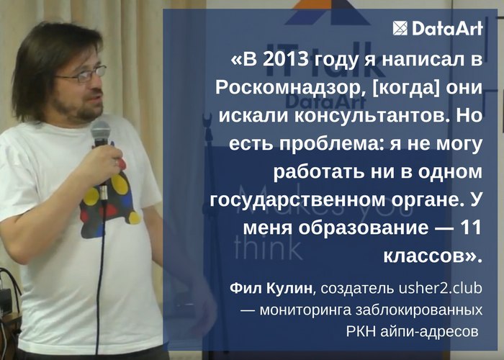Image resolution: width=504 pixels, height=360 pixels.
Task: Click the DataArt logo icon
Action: click(x=400, y=28)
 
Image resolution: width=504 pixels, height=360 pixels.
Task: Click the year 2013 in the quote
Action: click(x=285, y=59)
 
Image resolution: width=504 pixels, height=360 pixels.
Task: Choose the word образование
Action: click(x=363, y=228)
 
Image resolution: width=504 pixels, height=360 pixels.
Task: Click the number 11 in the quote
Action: click(x=471, y=228)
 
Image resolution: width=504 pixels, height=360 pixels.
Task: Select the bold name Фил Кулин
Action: click(x=271, y=288)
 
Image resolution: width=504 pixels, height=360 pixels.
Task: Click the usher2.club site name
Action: click(x=441, y=288)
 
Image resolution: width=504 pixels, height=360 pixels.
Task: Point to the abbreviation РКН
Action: click(x=361, y=331)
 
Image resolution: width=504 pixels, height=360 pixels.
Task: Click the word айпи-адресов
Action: click(x=430, y=332)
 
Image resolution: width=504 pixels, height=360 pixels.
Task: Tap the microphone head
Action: click(x=100, y=132)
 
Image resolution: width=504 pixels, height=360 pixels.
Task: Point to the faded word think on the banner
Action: click(x=269, y=248)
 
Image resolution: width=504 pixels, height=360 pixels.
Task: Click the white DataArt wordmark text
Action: click(x=447, y=28)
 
